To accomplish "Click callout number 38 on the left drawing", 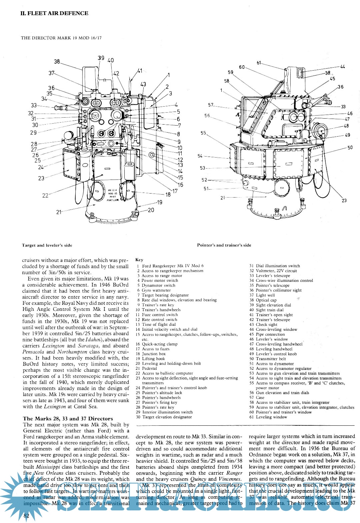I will [57, 61].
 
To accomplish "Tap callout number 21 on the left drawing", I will [59, 212].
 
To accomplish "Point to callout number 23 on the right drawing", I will [344, 200].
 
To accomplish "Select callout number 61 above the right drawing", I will [259, 63].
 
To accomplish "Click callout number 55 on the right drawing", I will [203, 133].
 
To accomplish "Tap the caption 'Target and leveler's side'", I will [47, 245].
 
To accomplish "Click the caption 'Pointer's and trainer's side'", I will [224, 245].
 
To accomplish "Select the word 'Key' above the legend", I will [139, 260].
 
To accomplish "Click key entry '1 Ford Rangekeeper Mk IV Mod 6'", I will [170, 266].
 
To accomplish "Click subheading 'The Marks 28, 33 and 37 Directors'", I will [68, 419].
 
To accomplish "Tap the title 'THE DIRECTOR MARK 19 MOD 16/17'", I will [61, 38].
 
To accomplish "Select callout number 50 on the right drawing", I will [350, 148].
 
